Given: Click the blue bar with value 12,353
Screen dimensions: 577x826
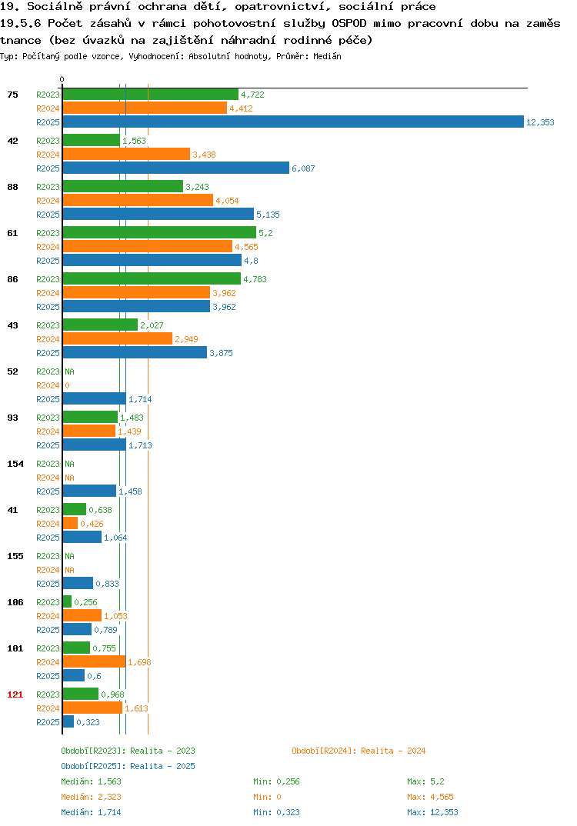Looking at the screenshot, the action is pos(294,122).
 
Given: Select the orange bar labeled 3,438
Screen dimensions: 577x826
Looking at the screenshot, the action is pos(126,155).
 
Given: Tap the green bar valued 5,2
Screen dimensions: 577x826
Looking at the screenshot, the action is pos(160,233).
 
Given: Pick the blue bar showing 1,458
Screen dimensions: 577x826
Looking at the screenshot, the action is pos(89,491).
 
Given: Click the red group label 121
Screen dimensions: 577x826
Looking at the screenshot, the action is pos(15,694).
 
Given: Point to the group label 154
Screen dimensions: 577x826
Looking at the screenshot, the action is pos(15,464).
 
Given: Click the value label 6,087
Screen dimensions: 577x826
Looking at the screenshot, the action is pos(304,168).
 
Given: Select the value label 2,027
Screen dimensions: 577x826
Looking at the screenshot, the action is pos(152,325).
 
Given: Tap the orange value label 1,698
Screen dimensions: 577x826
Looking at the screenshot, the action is pos(139,662).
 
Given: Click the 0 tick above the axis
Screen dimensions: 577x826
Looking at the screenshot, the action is pos(62,79).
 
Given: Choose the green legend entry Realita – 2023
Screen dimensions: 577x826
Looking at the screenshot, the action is pos(128,751).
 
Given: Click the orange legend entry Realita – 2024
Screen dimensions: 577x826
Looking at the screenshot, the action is pos(359,751).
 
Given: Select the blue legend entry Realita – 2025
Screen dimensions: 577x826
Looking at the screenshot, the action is pos(128,766).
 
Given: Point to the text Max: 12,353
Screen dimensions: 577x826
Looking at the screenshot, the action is pos(432,812).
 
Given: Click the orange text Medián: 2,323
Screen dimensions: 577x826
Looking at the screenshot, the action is pos(91,797).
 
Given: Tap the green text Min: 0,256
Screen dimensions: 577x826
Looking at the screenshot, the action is pos(276,781).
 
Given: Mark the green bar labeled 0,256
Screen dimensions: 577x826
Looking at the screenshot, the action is pos(68,601).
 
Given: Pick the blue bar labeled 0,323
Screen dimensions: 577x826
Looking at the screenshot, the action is pos(68,721).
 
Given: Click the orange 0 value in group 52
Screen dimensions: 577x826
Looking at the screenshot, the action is pos(68,385).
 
